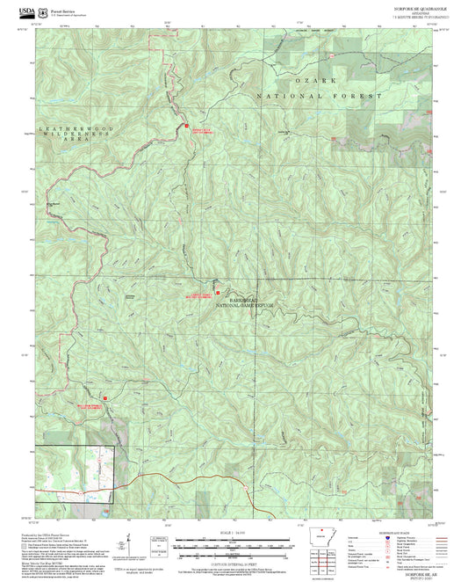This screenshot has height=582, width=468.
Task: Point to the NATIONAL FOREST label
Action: tap(320, 95)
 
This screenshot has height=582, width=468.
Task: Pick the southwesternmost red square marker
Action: tap(105, 398)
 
